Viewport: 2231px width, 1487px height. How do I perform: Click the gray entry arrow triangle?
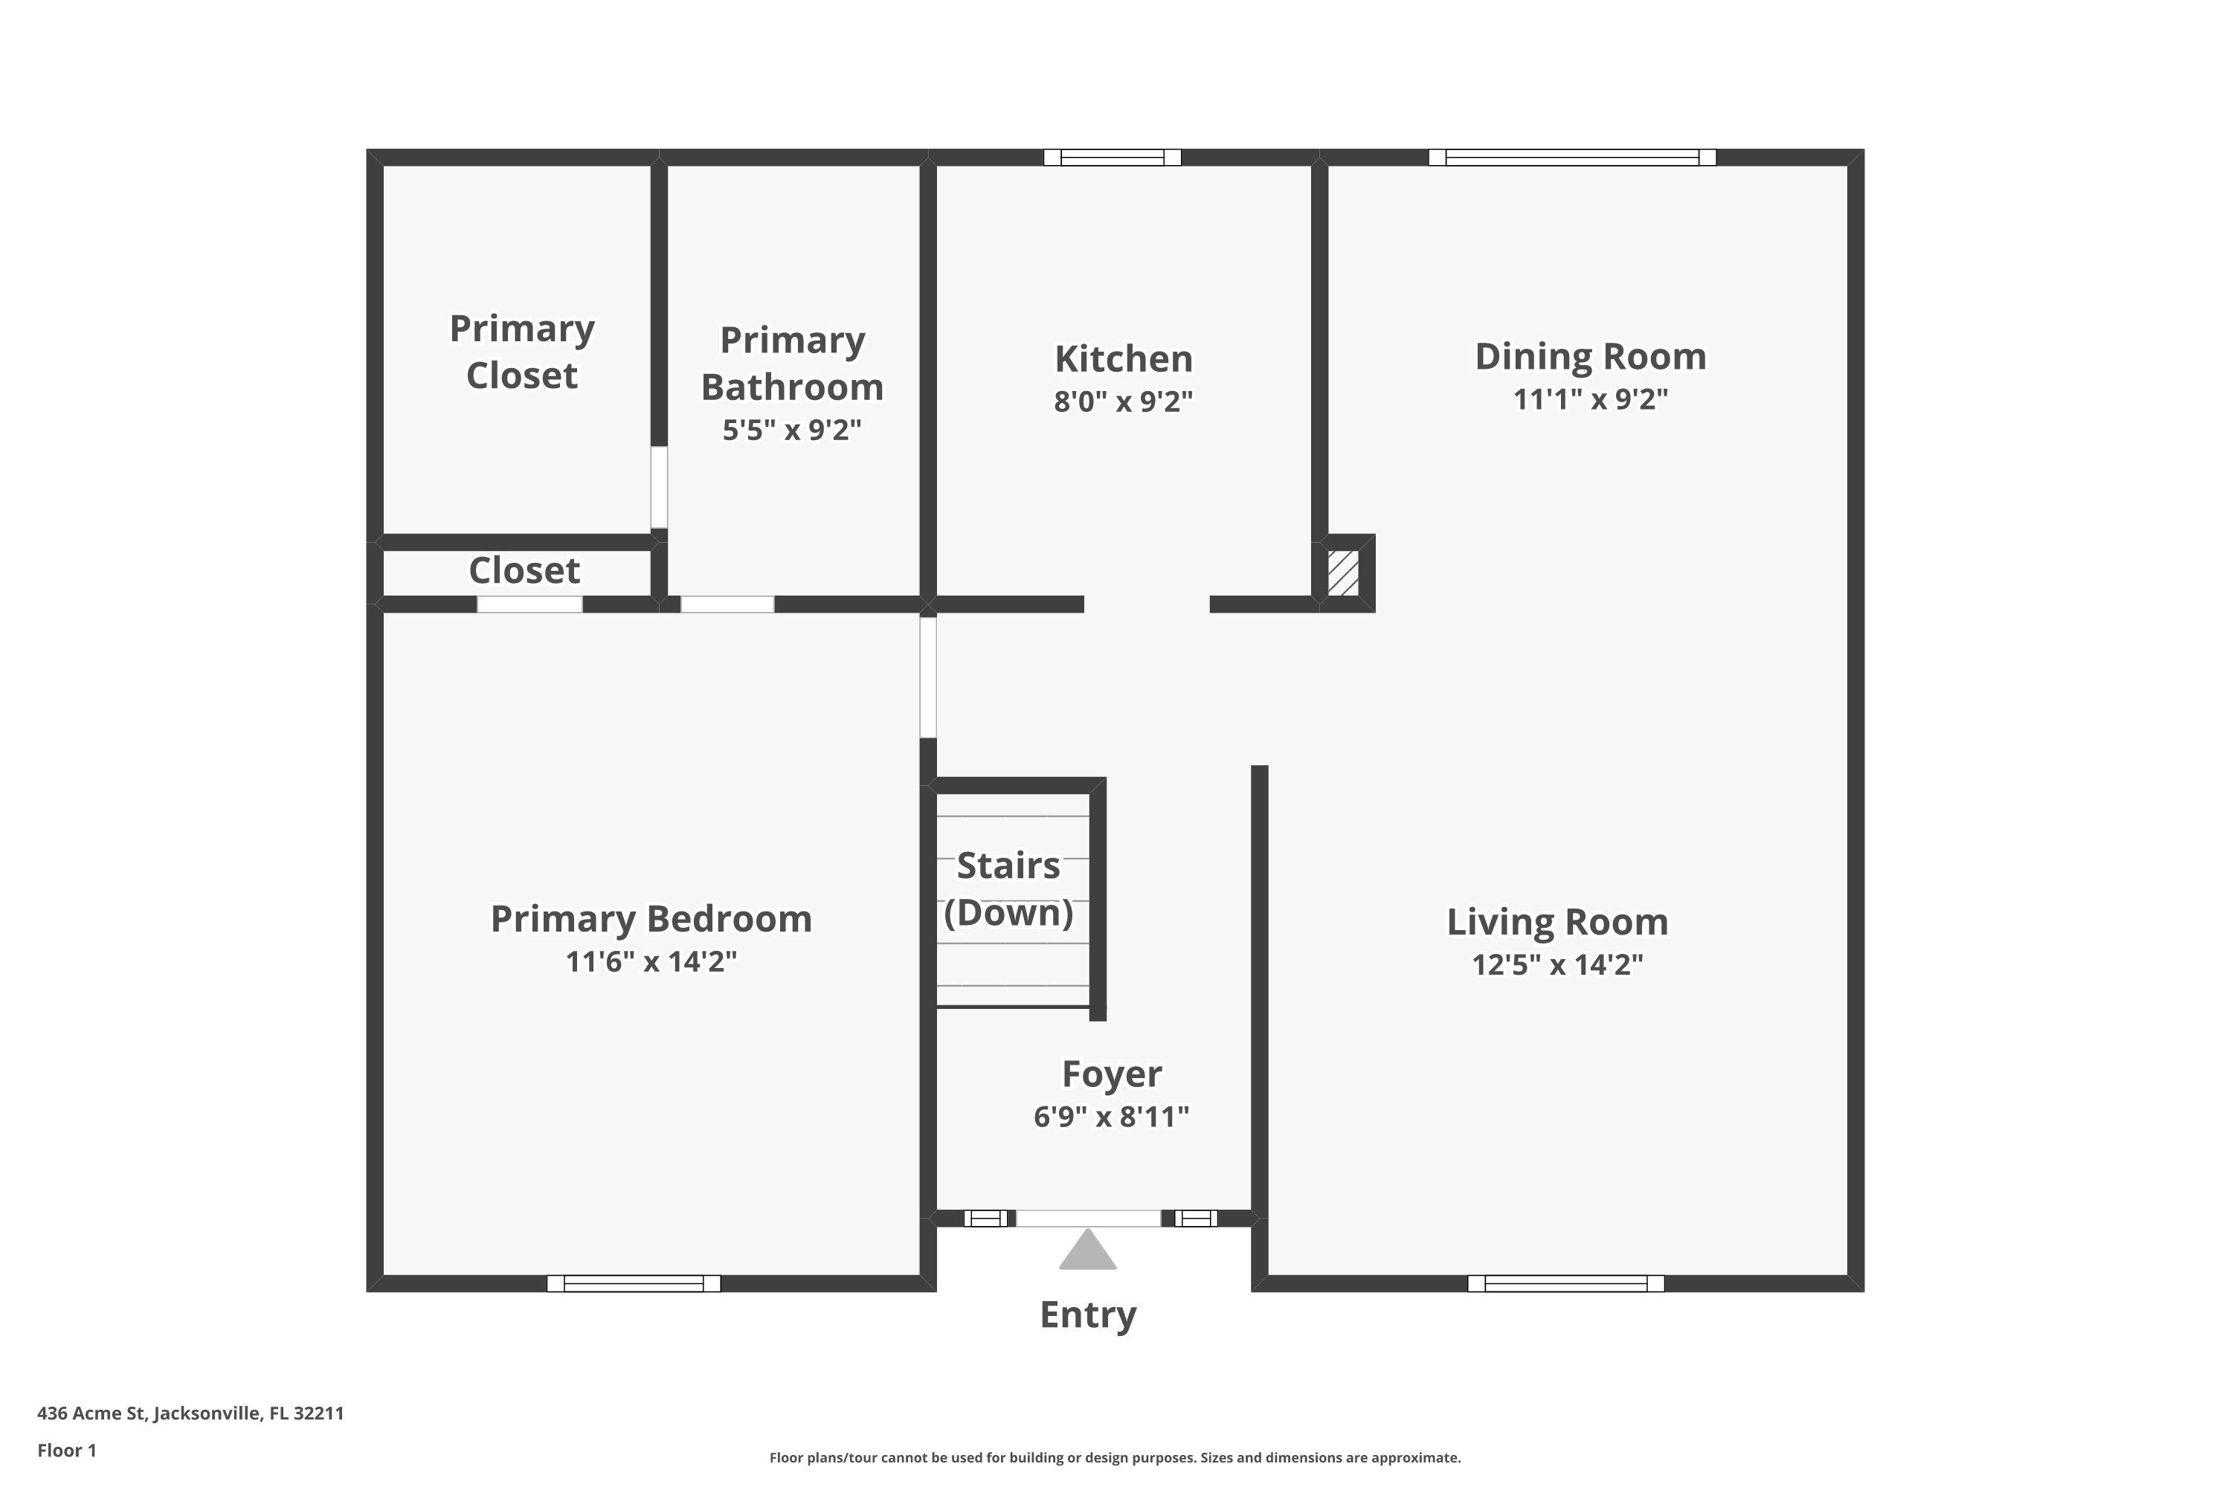click(1087, 1250)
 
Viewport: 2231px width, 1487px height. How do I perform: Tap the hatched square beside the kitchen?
click(1342, 572)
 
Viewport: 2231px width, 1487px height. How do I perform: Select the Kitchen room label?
click(1123, 358)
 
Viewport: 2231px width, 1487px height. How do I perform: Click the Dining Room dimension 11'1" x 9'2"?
click(1590, 399)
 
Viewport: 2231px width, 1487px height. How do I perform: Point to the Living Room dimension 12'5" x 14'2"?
click(1556, 964)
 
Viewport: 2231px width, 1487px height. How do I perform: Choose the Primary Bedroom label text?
click(651, 919)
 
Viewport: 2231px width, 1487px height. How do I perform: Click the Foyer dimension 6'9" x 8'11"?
click(1111, 1116)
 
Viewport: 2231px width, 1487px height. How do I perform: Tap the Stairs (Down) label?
click(1008, 888)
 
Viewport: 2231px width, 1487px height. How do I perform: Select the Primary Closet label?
click(522, 352)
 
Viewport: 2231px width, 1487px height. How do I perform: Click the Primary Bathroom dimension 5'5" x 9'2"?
click(792, 430)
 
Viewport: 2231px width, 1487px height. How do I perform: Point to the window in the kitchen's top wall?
click(1112, 158)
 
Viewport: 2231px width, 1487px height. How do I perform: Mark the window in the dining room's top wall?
click(1572, 158)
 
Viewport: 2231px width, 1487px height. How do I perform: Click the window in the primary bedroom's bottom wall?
click(634, 1283)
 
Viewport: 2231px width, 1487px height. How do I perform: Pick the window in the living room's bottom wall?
click(1565, 1283)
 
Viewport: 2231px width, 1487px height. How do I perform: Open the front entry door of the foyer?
click(1088, 1219)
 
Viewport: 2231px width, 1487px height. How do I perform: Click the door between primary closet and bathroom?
click(658, 488)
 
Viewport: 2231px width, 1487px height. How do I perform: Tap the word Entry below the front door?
click(1088, 1315)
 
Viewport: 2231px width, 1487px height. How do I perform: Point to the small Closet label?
click(524, 571)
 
